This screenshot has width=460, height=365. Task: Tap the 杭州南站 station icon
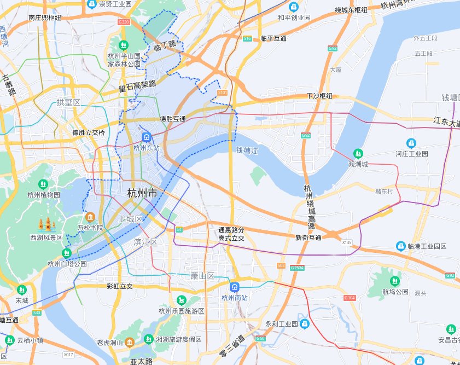[x=234, y=287]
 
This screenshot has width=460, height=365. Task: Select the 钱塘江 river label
[x=246, y=149]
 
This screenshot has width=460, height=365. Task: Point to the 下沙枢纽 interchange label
[x=319, y=96]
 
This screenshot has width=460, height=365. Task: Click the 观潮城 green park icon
[x=358, y=153]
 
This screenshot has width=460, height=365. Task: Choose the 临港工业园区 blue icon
[x=401, y=246]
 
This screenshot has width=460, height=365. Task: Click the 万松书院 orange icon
[x=90, y=217]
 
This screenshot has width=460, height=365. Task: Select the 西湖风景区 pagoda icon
[x=46, y=224]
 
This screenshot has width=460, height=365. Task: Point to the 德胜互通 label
[x=173, y=119]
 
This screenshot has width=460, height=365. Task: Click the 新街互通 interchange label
[x=308, y=237]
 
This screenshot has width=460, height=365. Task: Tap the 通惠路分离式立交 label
[x=231, y=234]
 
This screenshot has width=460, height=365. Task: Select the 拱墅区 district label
[x=68, y=102]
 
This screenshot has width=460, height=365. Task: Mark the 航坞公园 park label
[x=395, y=292]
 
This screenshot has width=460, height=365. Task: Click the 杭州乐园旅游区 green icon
[x=181, y=300]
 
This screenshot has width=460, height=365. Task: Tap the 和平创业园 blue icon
[x=294, y=7]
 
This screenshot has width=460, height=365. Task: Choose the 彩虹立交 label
[x=120, y=286]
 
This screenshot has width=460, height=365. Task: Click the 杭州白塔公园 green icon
[x=67, y=253]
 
